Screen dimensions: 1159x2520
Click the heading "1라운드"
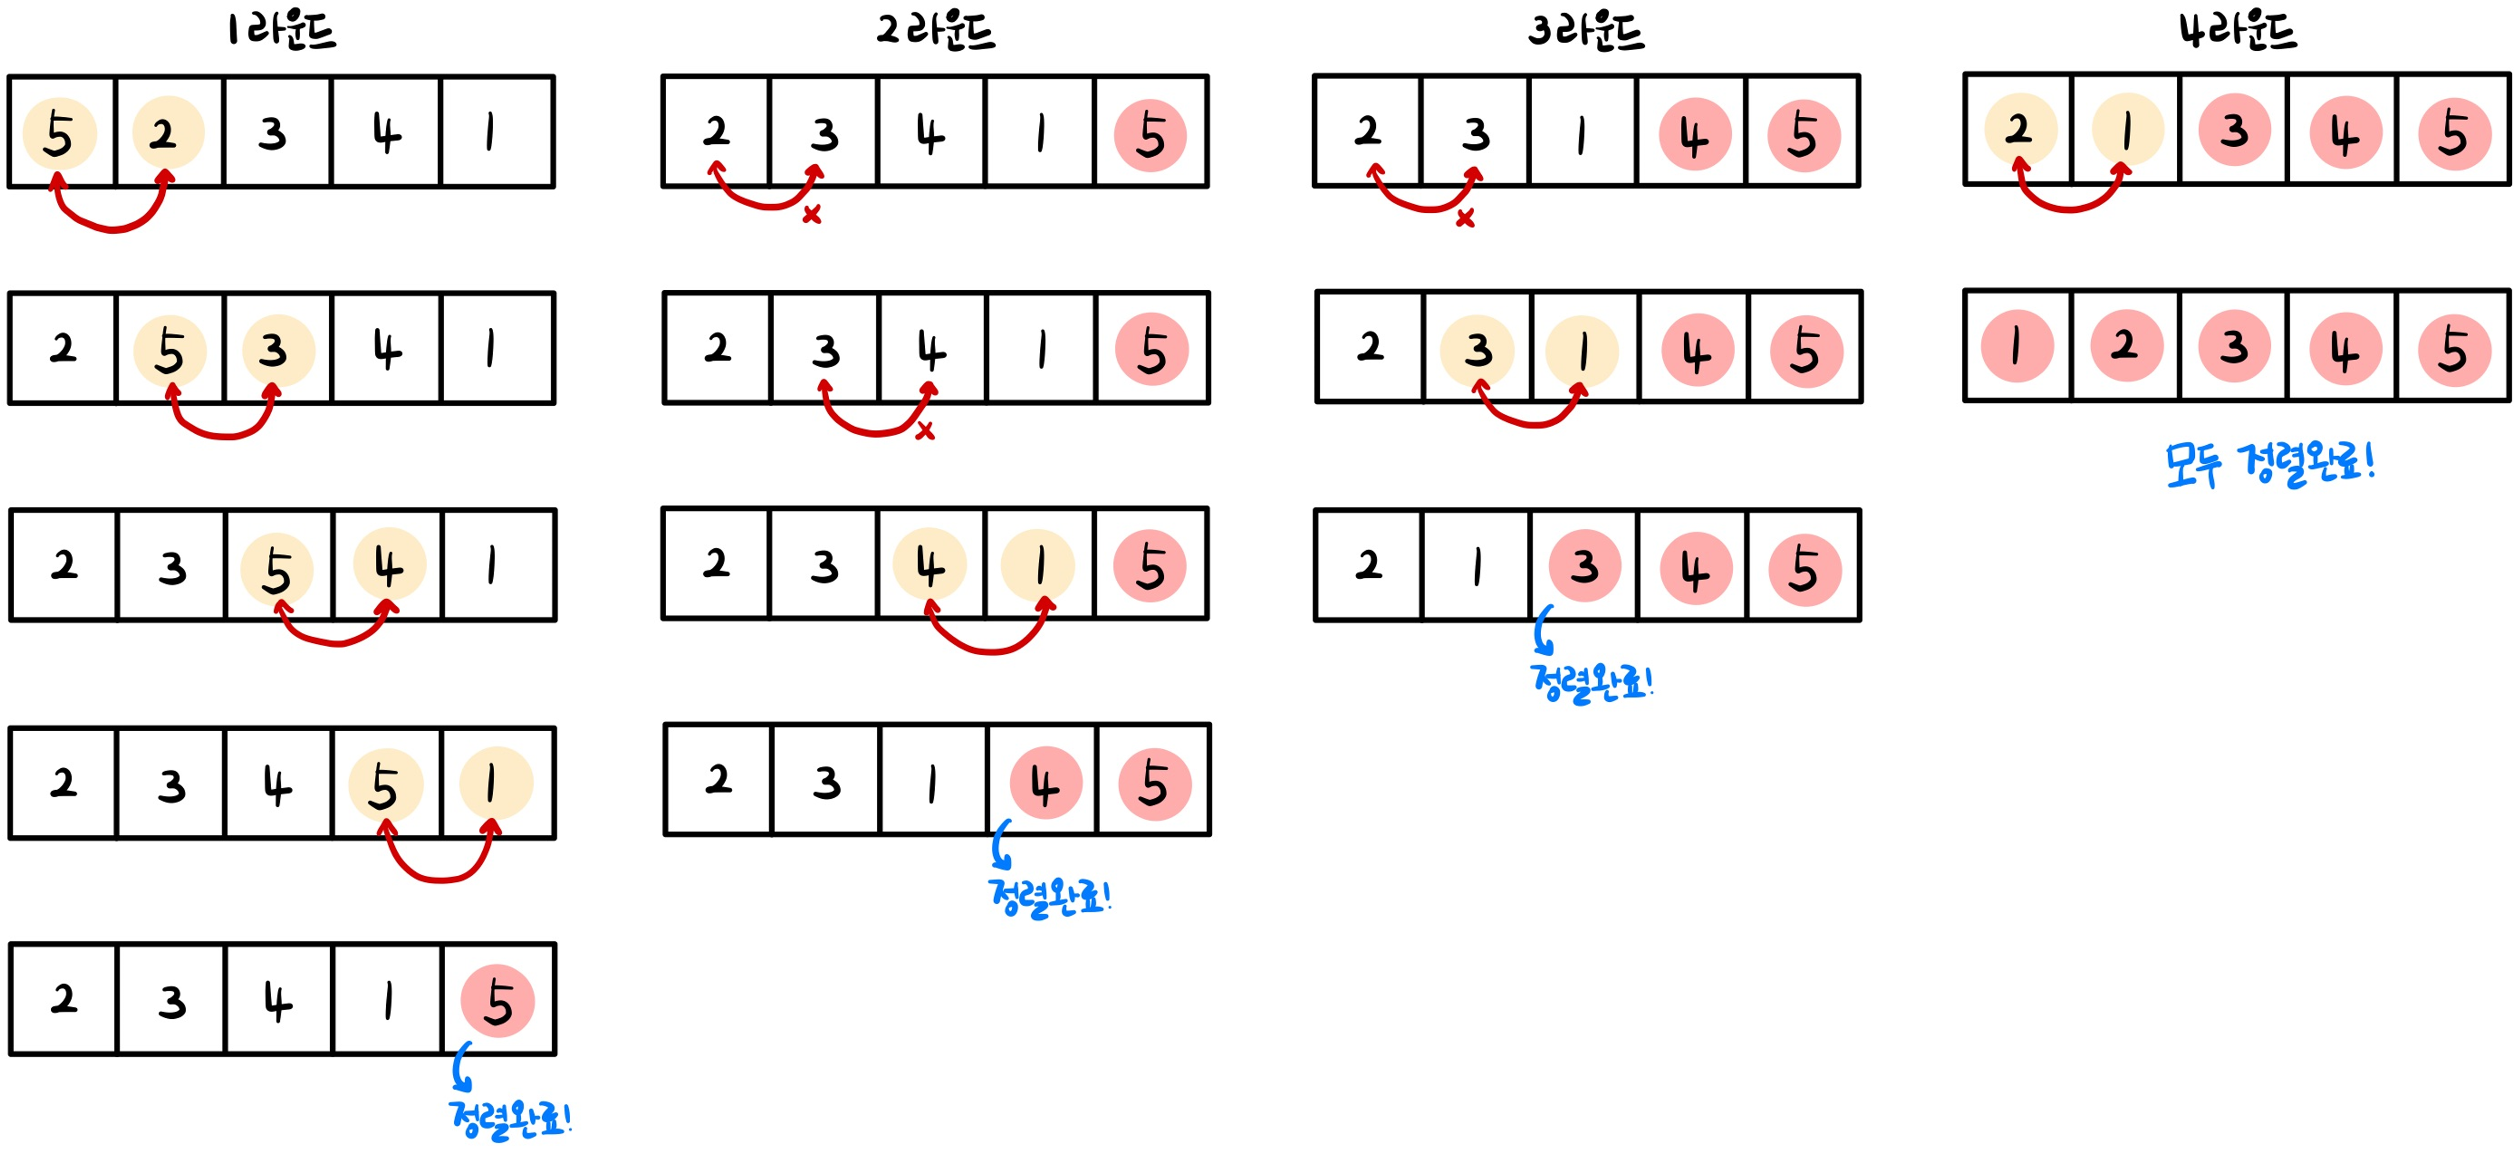(282, 31)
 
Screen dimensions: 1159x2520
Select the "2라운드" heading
(935, 31)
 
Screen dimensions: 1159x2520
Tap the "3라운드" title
(1586, 31)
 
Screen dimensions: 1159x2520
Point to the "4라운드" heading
(2237, 31)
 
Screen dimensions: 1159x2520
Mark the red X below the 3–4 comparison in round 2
(924, 431)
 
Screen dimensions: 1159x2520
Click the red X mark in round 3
(1464, 218)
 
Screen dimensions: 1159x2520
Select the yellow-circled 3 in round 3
(1477, 349)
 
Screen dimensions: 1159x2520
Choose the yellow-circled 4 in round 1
(388, 565)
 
